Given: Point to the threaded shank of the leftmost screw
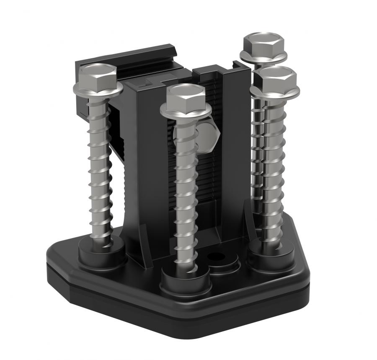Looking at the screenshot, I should click(100, 168).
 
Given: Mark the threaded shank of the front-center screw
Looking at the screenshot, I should click(184, 189).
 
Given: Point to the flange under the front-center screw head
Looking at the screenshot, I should click(186, 111).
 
